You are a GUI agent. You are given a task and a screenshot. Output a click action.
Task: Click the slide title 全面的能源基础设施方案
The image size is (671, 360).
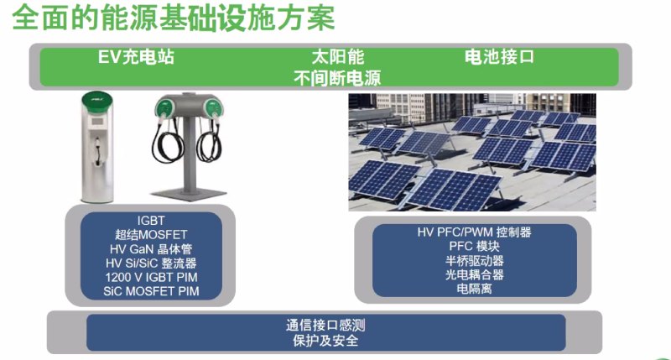(174, 18)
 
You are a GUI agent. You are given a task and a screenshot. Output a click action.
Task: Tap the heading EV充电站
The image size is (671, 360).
(136, 57)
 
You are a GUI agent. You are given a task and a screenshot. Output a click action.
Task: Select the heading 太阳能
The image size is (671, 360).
(338, 57)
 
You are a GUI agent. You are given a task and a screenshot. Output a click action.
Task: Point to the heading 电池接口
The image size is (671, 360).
(499, 56)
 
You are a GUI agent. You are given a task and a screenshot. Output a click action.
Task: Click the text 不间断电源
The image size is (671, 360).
(337, 78)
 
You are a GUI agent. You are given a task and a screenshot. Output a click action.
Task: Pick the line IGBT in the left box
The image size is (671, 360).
(151, 221)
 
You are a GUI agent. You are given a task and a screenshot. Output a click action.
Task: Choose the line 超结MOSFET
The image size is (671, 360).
(151, 235)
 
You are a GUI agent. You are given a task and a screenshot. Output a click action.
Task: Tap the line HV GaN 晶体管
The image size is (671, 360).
(151, 248)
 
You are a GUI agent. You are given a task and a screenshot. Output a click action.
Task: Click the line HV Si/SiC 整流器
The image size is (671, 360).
(151, 263)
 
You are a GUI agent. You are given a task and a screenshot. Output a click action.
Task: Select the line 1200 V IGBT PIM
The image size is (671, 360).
(151, 277)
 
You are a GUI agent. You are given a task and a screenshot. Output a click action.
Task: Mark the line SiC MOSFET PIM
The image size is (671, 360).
(151, 291)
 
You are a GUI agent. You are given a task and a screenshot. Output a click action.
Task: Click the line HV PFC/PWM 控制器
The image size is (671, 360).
(474, 232)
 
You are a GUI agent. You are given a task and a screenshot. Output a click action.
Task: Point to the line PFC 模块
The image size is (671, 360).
(474, 246)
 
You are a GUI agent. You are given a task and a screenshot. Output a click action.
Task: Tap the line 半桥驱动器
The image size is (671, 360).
(474, 260)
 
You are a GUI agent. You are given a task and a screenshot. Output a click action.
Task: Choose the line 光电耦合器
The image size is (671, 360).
(474, 274)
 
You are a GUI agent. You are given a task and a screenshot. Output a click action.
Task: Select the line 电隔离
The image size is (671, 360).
(474, 289)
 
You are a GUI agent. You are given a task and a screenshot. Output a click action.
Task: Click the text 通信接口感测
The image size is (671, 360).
(325, 326)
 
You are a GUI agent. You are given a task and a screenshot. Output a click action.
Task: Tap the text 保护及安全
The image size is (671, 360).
(325, 341)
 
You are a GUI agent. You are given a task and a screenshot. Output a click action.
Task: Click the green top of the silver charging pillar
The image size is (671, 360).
(97, 102)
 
